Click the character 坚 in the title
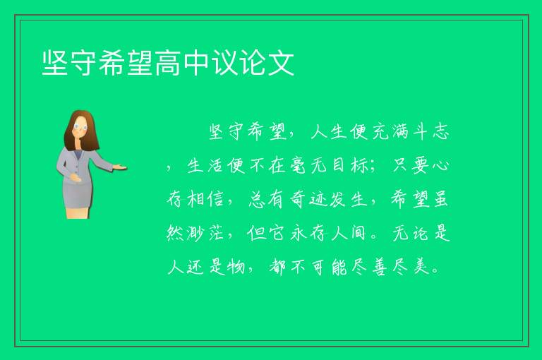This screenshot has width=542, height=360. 55,63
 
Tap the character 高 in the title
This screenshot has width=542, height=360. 168,63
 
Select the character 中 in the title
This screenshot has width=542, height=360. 196,63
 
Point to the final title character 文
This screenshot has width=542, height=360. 281,63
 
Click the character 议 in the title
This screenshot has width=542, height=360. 224,63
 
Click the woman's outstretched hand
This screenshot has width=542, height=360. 119,167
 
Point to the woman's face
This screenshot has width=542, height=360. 80,126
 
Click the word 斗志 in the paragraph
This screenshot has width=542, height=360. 431,132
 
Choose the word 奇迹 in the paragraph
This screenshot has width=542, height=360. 308,199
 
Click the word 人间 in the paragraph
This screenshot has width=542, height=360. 349,233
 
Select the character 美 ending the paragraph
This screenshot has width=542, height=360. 421,267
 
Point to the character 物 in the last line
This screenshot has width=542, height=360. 237,267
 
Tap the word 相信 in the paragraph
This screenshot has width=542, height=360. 206,199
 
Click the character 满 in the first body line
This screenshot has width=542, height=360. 401,132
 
